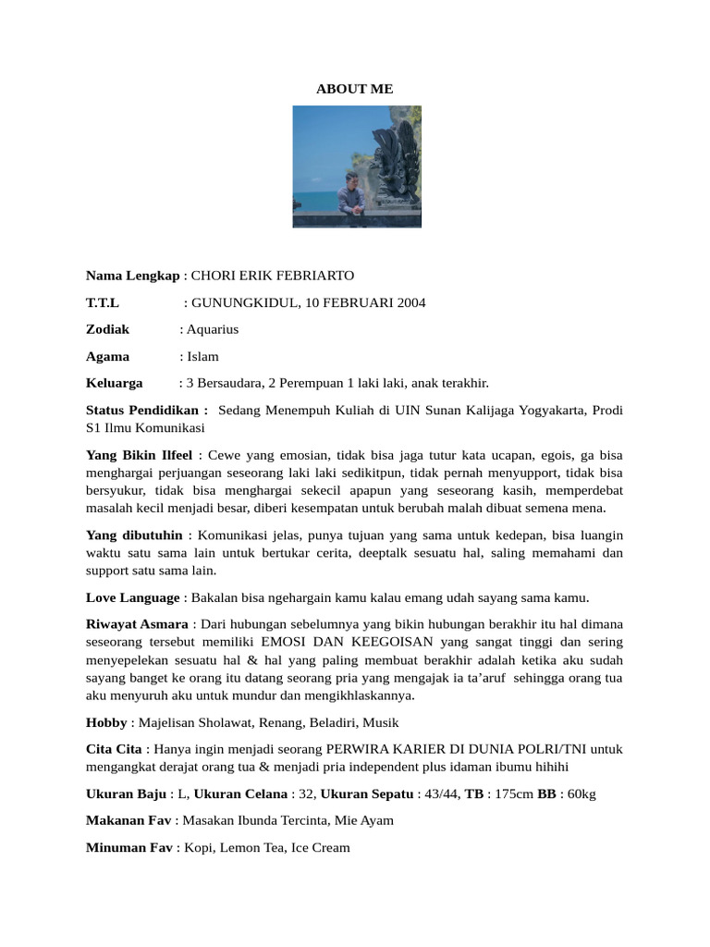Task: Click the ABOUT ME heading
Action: [354, 89]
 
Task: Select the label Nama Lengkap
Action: [132, 276]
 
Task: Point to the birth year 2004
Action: [410, 302]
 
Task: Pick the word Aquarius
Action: [212, 329]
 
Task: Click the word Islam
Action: [202, 356]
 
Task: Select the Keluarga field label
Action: [114, 383]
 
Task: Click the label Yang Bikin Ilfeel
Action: [139, 455]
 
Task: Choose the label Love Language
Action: [132, 597]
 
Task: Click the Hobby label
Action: [106, 722]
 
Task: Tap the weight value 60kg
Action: [581, 793]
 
